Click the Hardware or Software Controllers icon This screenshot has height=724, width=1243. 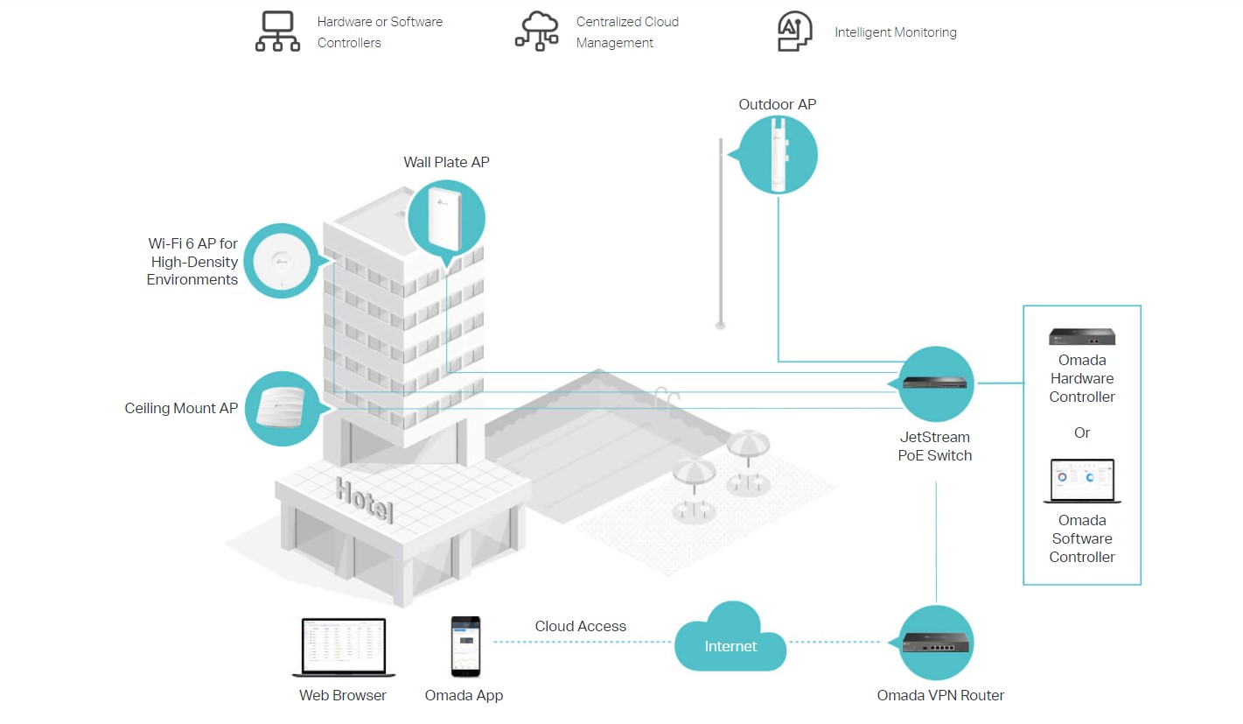pyautogui.click(x=277, y=32)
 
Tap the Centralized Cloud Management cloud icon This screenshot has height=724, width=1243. pyautogui.click(x=536, y=32)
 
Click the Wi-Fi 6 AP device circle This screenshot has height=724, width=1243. pyautogui.click(x=280, y=261)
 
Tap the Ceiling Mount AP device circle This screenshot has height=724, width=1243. pyautogui.click(x=280, y=409)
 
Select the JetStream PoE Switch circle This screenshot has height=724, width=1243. pyautogui.click(x=936, y=383)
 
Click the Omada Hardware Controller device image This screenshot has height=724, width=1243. pyautogui.click(x=1082, y=336)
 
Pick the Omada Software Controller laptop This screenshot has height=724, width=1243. pyautogui.click(x=1082, y=481)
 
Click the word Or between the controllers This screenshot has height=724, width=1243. pyautogui.click(x=1082, y=432)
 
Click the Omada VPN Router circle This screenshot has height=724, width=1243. pyautogui.click(x=936, y=643)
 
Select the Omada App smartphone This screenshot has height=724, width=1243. pyautogui.click(x=464, y=646)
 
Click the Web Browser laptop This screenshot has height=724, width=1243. pyautogui.click(x=343, y=648)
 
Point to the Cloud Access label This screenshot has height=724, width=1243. pyautogui.click(x=581, y=626)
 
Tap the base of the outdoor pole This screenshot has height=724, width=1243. pyautogui.click(x=720, y=325)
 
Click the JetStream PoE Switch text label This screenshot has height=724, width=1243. pyautogui.click(x=935, y=446)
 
